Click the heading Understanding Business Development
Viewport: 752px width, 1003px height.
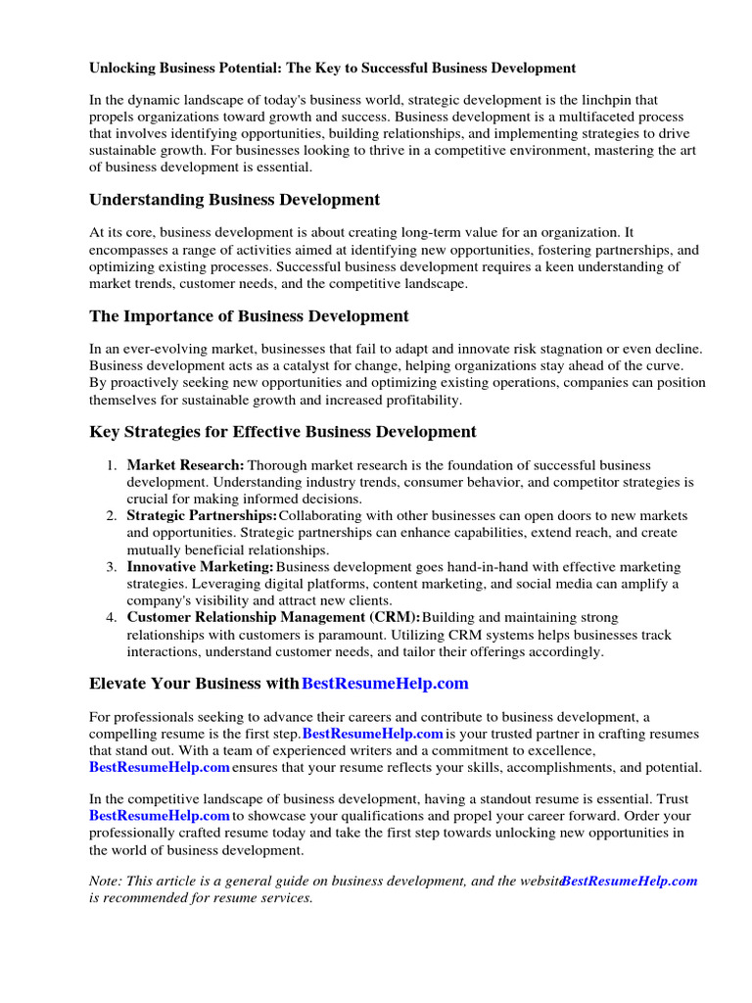234,200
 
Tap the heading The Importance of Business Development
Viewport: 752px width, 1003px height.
249,316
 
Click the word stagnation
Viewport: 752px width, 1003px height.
575,350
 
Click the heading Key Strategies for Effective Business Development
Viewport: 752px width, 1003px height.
283,432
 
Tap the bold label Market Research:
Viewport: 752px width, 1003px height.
185,465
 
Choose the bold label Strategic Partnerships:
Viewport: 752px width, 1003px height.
202,515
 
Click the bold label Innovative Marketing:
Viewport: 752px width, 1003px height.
200,566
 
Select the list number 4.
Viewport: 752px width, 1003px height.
113,617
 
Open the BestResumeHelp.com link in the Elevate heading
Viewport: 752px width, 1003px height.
385,683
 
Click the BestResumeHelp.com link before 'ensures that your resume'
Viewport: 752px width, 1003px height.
160,767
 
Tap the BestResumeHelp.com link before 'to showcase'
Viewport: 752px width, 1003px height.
160,816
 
